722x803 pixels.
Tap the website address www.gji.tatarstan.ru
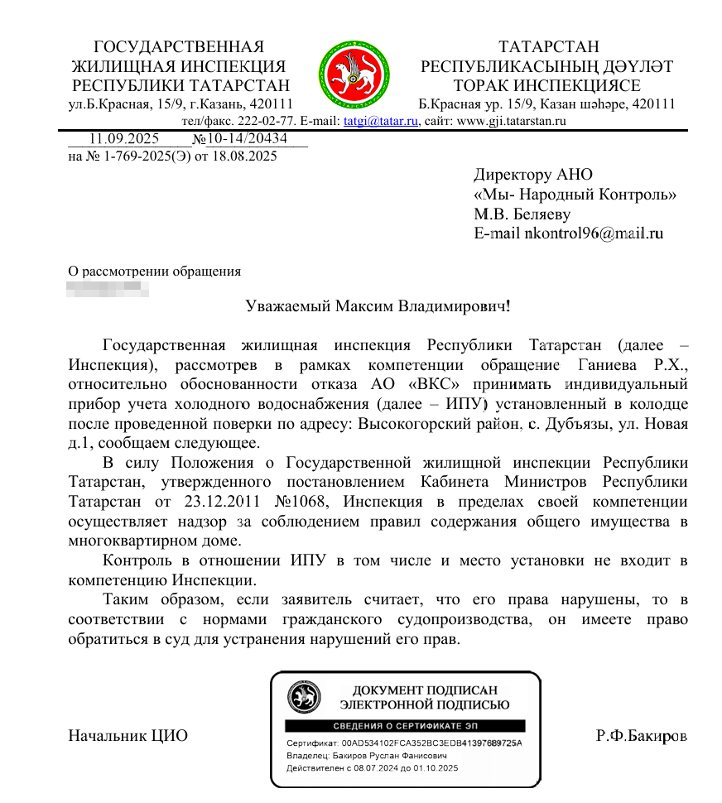[x=511, y=121]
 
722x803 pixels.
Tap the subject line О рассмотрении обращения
[x=154, y=271]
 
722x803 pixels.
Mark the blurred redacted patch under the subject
[x=108, y=289]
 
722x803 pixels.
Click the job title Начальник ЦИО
[x=128, y=735]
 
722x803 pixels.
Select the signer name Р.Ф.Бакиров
[x=642, y=735]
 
